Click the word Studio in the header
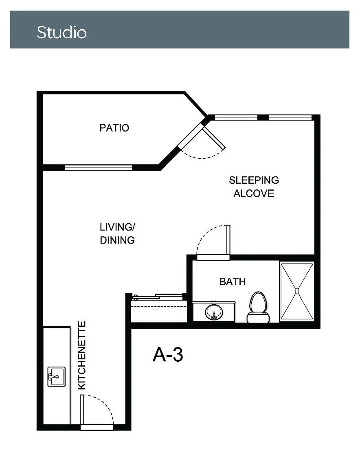coord(61,33)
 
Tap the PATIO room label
coord(114,128)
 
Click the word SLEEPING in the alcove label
coord(254,180)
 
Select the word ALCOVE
coord(254,193)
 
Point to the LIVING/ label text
coord(117,227)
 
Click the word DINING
coord(117,240)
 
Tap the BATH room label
coord(233,281)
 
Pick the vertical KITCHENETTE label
coord(82,356)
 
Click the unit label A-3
coord(168,354)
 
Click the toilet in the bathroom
coord(258,307)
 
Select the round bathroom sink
coord(214,312)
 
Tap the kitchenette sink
coord(57,376)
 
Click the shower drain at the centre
coord(297,291)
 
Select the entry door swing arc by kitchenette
coord(104,404)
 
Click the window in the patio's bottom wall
coord(98,167)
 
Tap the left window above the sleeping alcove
coord(236,117)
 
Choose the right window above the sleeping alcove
coord(290,117)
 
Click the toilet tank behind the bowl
coord(258,318)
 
